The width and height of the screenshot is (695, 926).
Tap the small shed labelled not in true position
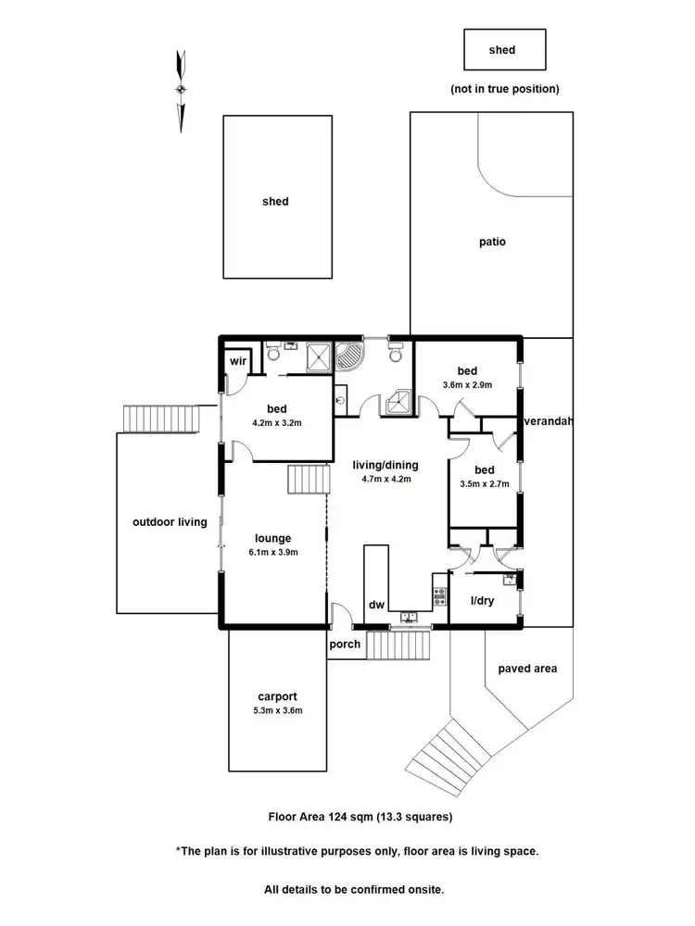coord(504,50)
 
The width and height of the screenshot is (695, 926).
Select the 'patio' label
coord(492,243)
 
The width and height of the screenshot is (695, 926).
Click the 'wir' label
coord(235,361)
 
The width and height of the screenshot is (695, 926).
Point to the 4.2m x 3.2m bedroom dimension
coord(277,422)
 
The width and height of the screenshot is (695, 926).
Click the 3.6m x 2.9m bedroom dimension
coord(466,384)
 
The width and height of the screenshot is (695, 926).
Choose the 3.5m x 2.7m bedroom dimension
coord(483,482)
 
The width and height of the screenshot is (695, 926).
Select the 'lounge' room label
coord(273,538)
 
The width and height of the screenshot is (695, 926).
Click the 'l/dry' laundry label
coord(483,601)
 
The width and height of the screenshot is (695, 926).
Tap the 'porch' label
coord(345,644)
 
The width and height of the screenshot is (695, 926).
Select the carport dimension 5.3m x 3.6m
coord(278,710)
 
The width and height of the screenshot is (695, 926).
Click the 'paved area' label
coord(527,668)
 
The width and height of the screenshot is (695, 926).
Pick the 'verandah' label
coord(550,421)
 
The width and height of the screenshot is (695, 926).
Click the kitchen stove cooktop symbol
coord(439,595)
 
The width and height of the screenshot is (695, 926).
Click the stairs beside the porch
coord(399,644)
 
